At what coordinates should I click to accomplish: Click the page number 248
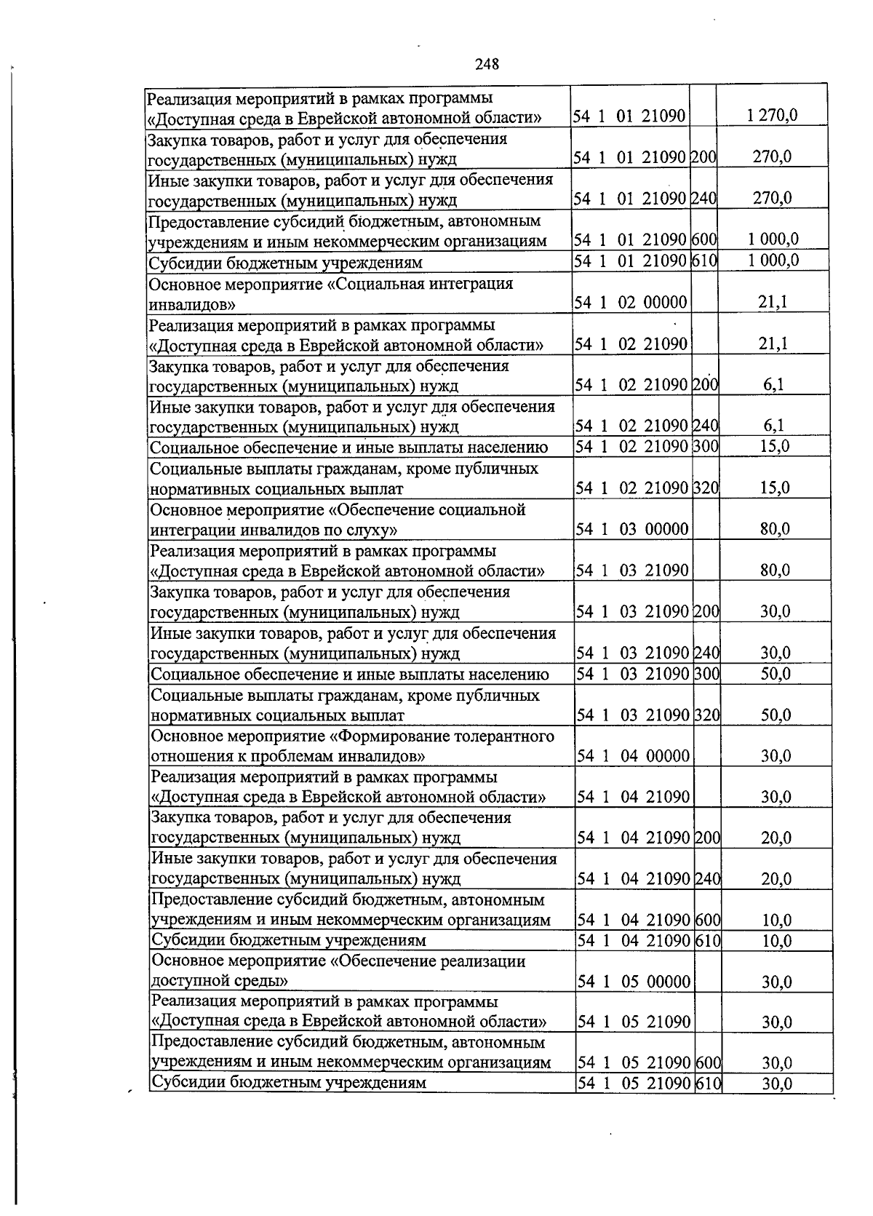click(487, 64)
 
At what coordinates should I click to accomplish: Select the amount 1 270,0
click(772, 115)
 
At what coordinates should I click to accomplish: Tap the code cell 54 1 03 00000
click(632, 529)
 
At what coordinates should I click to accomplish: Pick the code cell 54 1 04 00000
click(634, 756)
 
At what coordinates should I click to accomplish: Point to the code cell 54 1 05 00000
click(634, 982)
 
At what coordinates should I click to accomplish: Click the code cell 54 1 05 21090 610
click(648, 1084)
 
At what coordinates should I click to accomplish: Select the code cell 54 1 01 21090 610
click(646, 261)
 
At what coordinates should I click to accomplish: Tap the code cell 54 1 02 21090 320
click(647, 488)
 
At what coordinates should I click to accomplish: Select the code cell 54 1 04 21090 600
click(648, 921)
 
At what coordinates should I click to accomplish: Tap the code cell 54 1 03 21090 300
click(647, 674)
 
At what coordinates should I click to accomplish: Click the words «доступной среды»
click(220, 981)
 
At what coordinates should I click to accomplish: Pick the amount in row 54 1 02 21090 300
click(775, 446)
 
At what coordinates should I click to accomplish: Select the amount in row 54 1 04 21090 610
click(776, 941)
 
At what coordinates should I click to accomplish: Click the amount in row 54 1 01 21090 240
click(773, 198)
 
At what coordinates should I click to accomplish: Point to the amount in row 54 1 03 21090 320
click(776, 715)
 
